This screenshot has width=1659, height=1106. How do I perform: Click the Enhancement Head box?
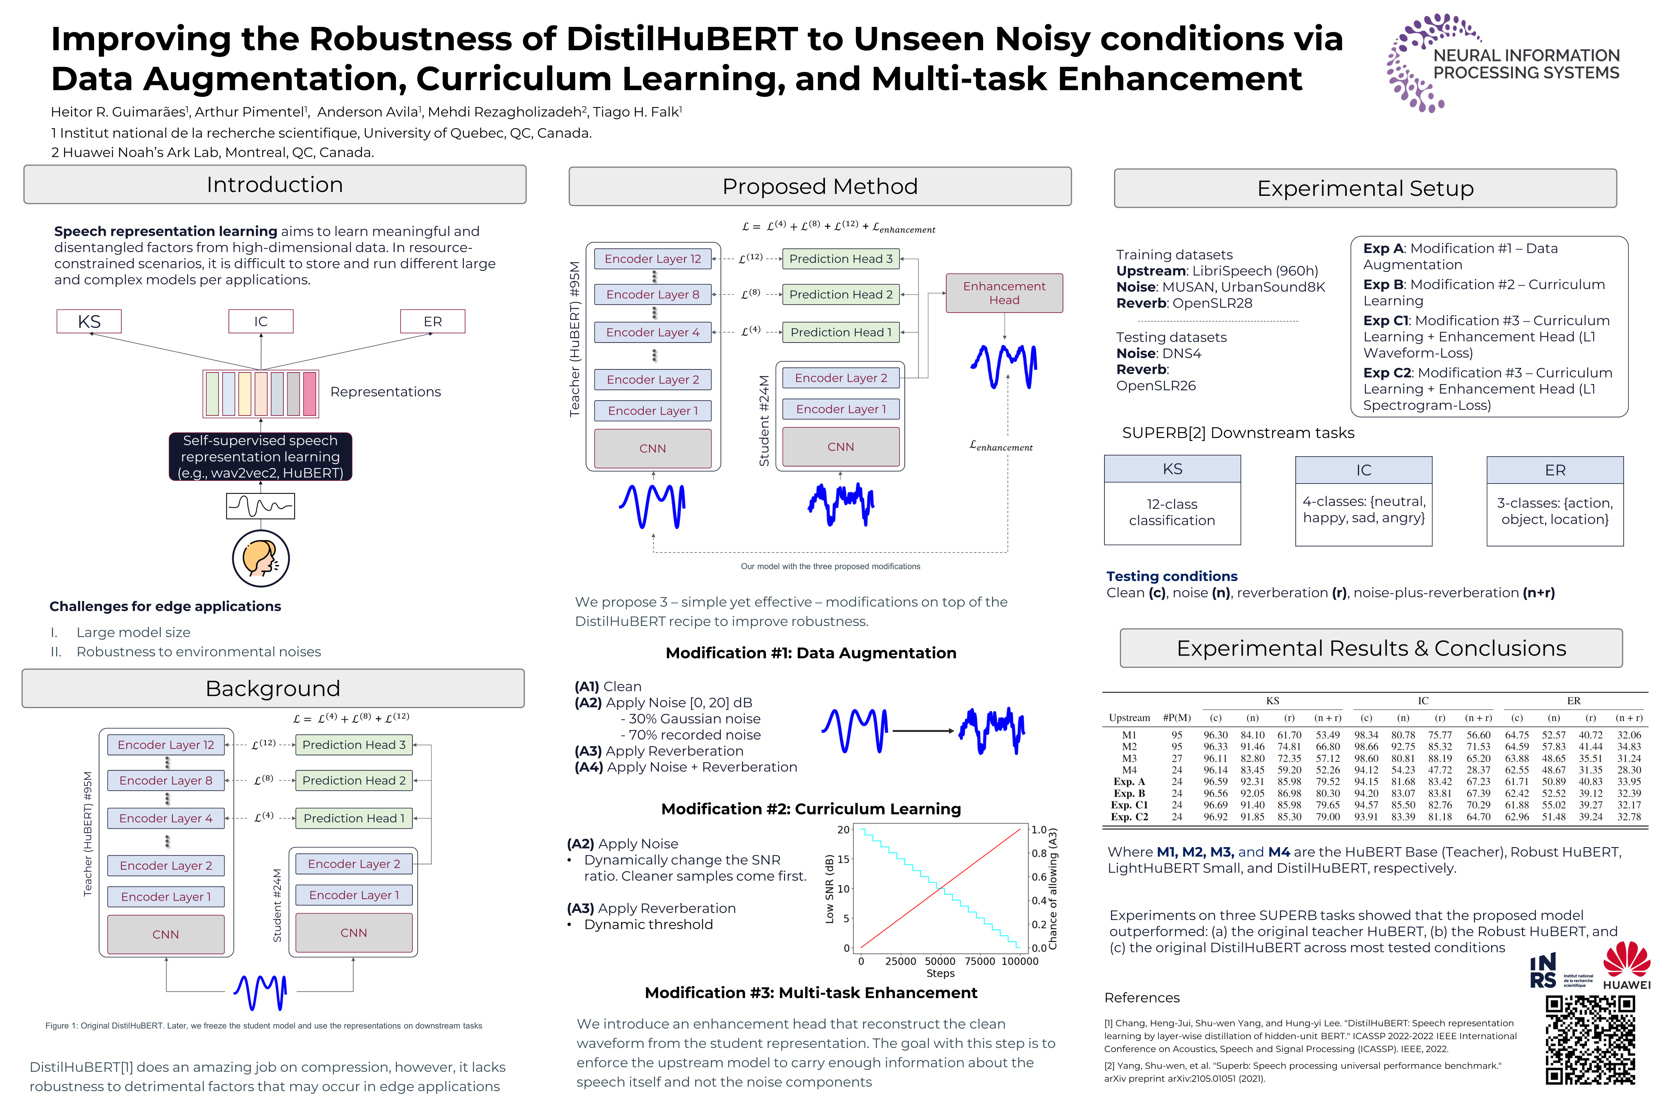click(1004, 293)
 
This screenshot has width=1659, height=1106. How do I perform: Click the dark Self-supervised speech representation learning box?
click(260, 456)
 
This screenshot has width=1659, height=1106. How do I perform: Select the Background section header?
click(273, 689)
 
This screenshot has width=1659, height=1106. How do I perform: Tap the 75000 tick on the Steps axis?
click(980, 961)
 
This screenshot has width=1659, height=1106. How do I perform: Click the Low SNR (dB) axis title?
click(829, 889)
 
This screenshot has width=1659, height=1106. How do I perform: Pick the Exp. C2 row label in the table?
click(1129, 817)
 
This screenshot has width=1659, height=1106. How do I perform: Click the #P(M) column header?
click(1177, 718)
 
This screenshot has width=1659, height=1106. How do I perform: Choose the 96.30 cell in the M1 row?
click(1215, 735)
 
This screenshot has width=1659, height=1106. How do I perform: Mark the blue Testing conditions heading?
click(1172, 576)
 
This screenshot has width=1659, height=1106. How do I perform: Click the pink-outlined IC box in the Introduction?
click(261, 322)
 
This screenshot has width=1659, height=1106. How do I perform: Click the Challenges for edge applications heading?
click(165, 607)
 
